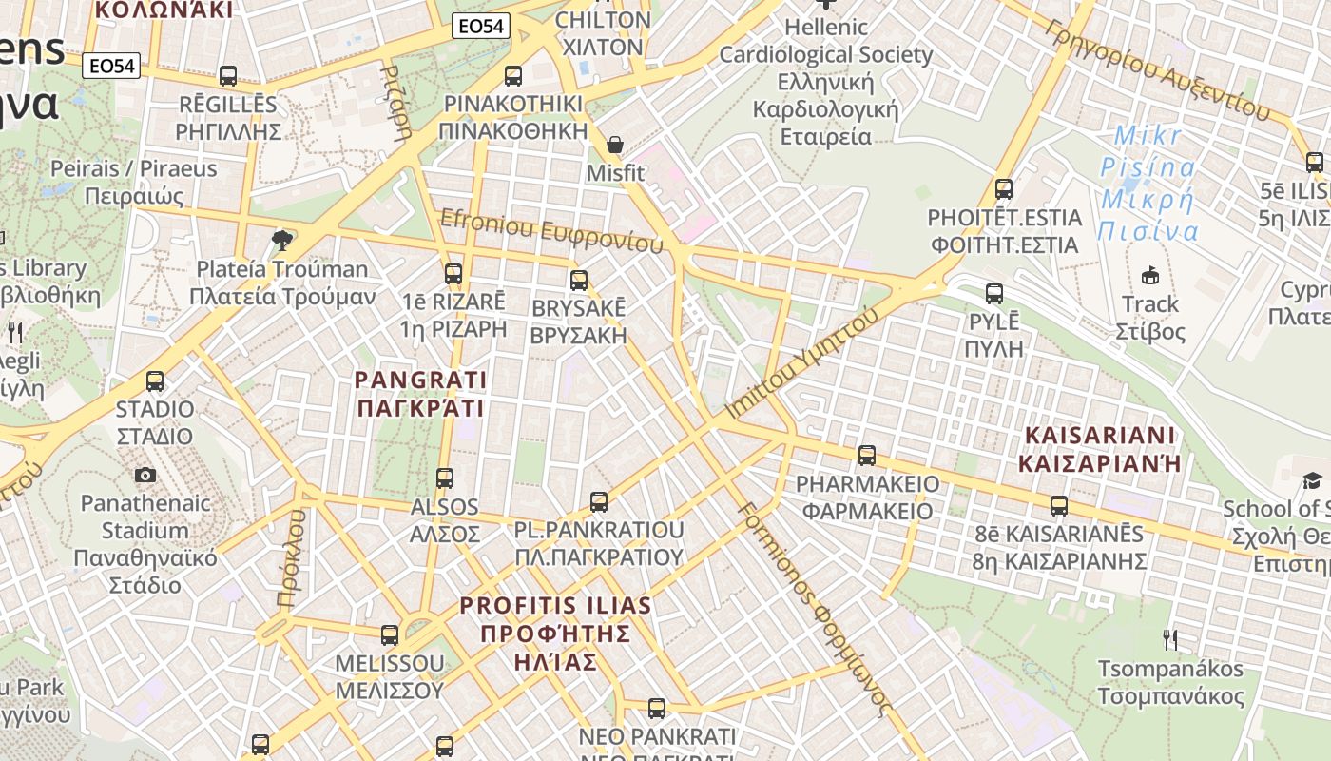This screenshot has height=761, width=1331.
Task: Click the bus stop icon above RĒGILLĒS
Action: pyautogui.click(x=228, y=76)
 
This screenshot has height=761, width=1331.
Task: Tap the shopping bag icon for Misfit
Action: pyautogui.click(x=615, y=146)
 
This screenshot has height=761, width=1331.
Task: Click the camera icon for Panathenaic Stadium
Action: pyautogui.click(x=145, y=475)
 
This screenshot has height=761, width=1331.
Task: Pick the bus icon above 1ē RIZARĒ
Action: pyautogui.click(x=453, y=274)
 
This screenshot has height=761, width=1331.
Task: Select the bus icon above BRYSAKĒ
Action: pyautogui.click(x=579, y=281)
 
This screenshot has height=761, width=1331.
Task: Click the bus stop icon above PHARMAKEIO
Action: pyautogui.click(x=867, y=456)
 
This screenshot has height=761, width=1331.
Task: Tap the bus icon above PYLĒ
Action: pyautogui.click(x=994, y=294)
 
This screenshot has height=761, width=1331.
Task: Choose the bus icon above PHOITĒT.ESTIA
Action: pyautogui.click(x=1004, y=189)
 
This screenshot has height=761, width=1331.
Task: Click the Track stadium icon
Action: pyautogui.click(x=1150, y=276)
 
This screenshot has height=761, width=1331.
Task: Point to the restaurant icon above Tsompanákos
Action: pyautogui.click(x=1170, y=640)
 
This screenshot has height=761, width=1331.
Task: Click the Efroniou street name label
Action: pyautogui.click(x=551, y=231)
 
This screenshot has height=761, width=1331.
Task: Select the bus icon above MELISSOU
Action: pyautogui.click(x=390, y=634)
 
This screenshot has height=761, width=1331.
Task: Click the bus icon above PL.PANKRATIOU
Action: pyautogui.click(x=599, y=501)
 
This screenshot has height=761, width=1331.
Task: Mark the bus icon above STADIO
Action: pyautogui.click(x=155, y=381)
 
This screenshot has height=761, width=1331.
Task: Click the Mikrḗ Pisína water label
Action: pyautogui.click(x=1148, y=184)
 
